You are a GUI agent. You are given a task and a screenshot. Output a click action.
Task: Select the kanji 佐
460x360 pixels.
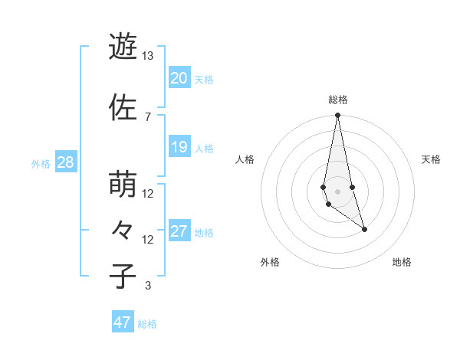tap(123, 108)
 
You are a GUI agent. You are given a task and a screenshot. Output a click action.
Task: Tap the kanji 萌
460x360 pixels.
tap(123, 185)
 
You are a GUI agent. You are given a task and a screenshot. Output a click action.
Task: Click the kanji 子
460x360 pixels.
tap(123, 276)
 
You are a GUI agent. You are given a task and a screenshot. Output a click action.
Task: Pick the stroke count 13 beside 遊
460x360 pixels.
tap(147, 56)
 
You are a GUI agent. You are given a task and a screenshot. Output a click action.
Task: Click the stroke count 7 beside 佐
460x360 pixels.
tap(147, 116)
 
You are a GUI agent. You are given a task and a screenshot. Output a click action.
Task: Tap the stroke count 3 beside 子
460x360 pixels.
tap(147, 286)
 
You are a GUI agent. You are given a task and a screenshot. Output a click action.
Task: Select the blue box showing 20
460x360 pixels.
tap(179, 77)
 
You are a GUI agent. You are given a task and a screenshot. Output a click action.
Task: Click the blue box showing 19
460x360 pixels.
tap(179, 146)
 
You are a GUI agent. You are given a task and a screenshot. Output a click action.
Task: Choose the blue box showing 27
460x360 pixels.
tap(179, 231)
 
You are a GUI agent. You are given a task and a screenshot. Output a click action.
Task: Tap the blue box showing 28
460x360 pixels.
tap(65, 162)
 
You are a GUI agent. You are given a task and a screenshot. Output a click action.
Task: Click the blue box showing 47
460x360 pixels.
tap(123, 322)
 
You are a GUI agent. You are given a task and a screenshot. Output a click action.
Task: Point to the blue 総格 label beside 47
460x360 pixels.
tap(147, 324)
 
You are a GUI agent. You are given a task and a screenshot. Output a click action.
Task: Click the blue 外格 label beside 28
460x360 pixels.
tap(41, 163)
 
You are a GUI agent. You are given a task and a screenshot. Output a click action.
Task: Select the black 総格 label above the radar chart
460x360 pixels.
tap(337, 100)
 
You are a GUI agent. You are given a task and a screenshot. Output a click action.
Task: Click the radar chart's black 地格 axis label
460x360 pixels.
tap(402, 262)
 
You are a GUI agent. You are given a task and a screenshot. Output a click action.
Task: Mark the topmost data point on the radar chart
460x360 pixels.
tap(337, 116)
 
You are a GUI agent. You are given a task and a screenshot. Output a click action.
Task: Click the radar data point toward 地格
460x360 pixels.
tap(364, 229)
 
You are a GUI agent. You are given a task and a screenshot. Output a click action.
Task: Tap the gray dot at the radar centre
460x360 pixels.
tap(337, 191)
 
